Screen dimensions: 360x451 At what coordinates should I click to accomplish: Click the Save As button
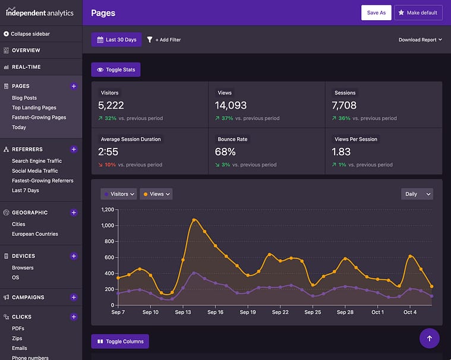tap(376, 12)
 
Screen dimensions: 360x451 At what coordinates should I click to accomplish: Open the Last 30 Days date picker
tap(116, 40)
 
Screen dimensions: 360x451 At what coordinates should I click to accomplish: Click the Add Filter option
tap(164, 40)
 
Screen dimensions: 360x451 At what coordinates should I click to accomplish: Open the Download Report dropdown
tap(420, 40)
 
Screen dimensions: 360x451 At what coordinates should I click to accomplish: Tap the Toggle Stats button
tap(116, 70)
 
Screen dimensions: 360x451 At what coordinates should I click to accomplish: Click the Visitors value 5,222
tap(111, 105)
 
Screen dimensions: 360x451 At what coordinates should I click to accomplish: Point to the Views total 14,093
tap(232, 105)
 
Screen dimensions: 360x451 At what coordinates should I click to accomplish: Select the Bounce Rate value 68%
tap(226, 151)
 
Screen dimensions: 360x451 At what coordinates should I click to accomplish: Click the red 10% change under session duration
tap(111, 165)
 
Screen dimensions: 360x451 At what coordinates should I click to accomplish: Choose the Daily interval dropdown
tap(417, 194)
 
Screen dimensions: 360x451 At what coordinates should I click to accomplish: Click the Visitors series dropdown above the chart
tap(119, 194)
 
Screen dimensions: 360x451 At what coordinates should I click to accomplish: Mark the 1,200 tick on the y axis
tap(107, 210)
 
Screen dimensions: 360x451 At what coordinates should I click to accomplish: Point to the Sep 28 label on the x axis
tap(345, 312)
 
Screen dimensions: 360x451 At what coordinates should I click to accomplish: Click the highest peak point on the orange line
tap(194, 220)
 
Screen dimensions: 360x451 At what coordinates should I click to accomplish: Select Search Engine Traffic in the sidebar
tap(37, 161)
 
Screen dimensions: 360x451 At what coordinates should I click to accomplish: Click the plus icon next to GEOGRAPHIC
tap(74, 212)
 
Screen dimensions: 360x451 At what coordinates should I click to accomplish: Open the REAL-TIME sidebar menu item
tap(26, 67)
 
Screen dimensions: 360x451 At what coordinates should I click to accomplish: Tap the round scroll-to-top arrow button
tap(430, 338)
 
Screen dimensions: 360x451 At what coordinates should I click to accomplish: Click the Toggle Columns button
tap(120, 342)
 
